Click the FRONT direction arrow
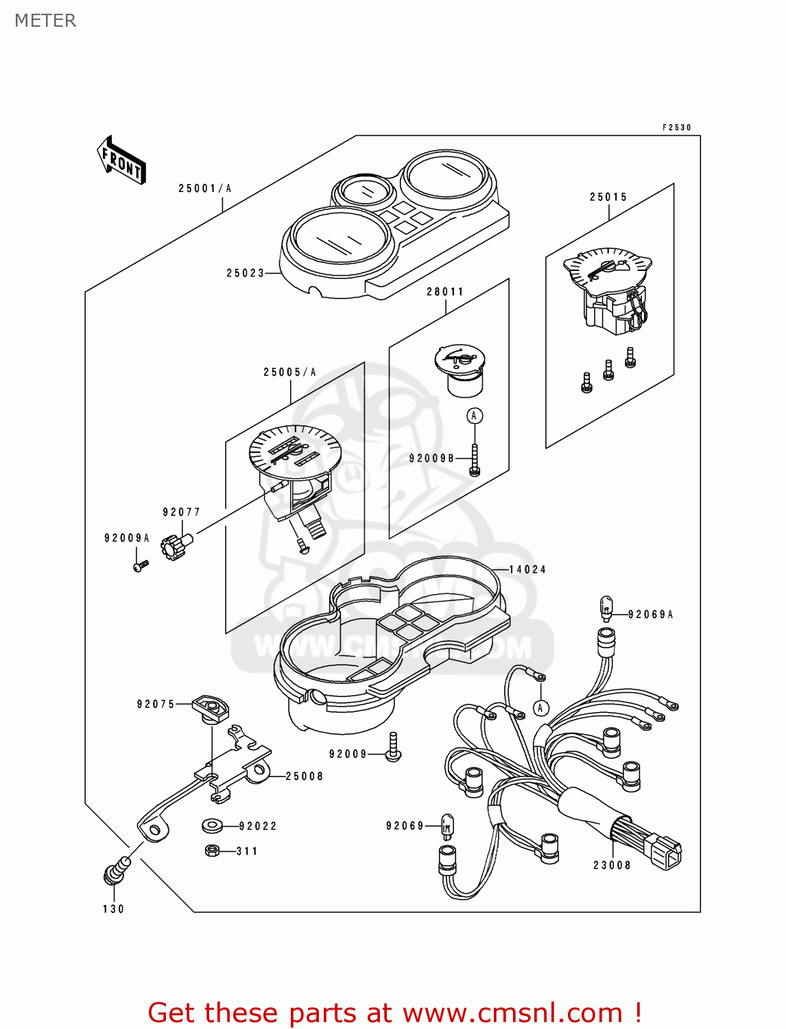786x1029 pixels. tap(122, 161)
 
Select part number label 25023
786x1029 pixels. tap(245, 273)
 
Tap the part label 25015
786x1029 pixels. tap(608, 198)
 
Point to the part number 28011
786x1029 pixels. tap(445, 292)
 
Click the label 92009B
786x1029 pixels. tap(431, 458)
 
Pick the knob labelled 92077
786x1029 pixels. tap(171, 546)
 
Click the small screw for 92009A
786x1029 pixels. tap(141, 566)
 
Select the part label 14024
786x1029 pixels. tap(527, 569)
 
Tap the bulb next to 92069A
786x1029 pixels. tap(606, 606)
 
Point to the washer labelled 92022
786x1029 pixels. tap(211, 825)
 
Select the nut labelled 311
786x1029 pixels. tap(212, 851)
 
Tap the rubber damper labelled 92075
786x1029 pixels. tap(210, 707)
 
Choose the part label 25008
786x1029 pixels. tap(305, 777)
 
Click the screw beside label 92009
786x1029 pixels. tap(393, 748)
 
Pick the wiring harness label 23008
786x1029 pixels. tap(612, 866)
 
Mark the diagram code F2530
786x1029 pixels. tap(676, 128)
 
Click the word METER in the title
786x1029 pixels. tap(45, 21)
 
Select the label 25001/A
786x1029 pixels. tap(205, 189)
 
